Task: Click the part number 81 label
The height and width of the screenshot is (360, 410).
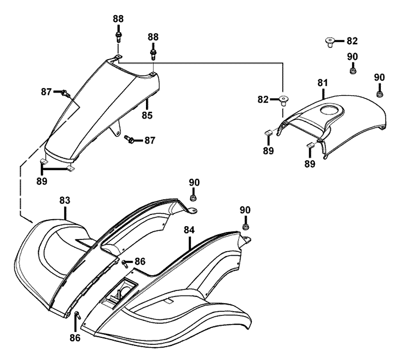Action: [322, 83]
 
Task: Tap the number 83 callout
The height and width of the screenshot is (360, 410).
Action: [65, 200]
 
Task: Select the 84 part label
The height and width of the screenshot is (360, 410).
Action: [189, 230]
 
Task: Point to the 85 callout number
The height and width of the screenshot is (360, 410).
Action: [147, 115]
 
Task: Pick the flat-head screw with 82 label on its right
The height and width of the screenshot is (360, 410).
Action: [330, 42]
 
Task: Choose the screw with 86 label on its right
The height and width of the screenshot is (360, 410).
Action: [125, 264]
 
